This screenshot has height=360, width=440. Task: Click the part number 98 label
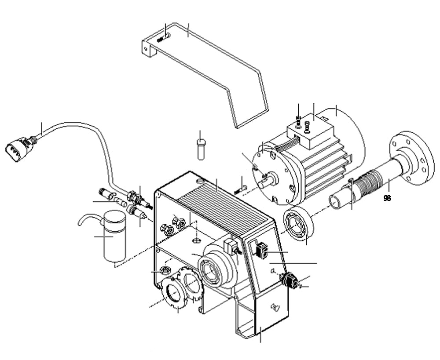pyautogui.click(x=387, y=198)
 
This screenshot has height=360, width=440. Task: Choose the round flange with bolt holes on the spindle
pyautogui.click(x=408, y=156)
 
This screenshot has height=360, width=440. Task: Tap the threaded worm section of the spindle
pyautogui.click(x=369, y=184)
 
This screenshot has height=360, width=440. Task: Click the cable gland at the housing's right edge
pyautogui.click(x=290, y=279)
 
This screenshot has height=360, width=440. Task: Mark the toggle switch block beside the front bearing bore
pyautogui.click(x=231, y=246)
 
